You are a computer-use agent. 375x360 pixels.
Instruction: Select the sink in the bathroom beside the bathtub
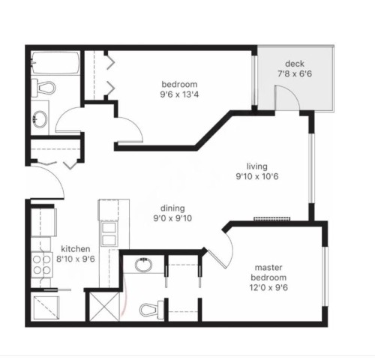click(39, 118)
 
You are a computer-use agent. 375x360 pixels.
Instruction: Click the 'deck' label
click(294, 63)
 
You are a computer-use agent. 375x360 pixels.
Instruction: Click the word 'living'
click(257, 166)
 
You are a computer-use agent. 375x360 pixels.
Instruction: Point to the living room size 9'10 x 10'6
click(257, 177)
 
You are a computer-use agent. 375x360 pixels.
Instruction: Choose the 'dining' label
click(172, 209)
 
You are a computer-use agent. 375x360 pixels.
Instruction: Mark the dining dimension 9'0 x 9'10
click(172, 220)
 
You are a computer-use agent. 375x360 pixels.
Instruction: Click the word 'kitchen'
click(76, 249)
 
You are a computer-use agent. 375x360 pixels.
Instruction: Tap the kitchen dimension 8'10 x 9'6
click(76, 259)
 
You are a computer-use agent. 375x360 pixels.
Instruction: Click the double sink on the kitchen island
click(109, 232)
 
